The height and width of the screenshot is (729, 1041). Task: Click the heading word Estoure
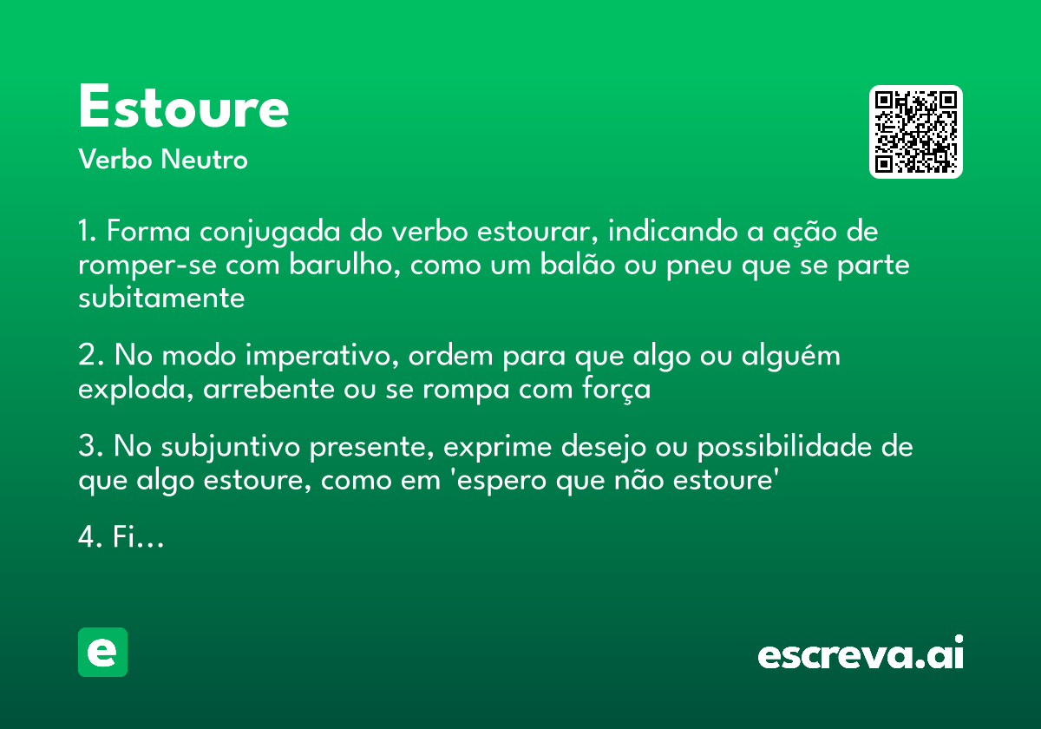point(183,108)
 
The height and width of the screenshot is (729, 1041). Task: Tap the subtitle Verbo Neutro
point(163,161)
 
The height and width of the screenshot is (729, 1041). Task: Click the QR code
point(916,132)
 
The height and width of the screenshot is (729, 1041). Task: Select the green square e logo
point(102,652)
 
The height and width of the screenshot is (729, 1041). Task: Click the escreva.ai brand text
point(861,654)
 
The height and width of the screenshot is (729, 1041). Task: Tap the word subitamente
point(161,298)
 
